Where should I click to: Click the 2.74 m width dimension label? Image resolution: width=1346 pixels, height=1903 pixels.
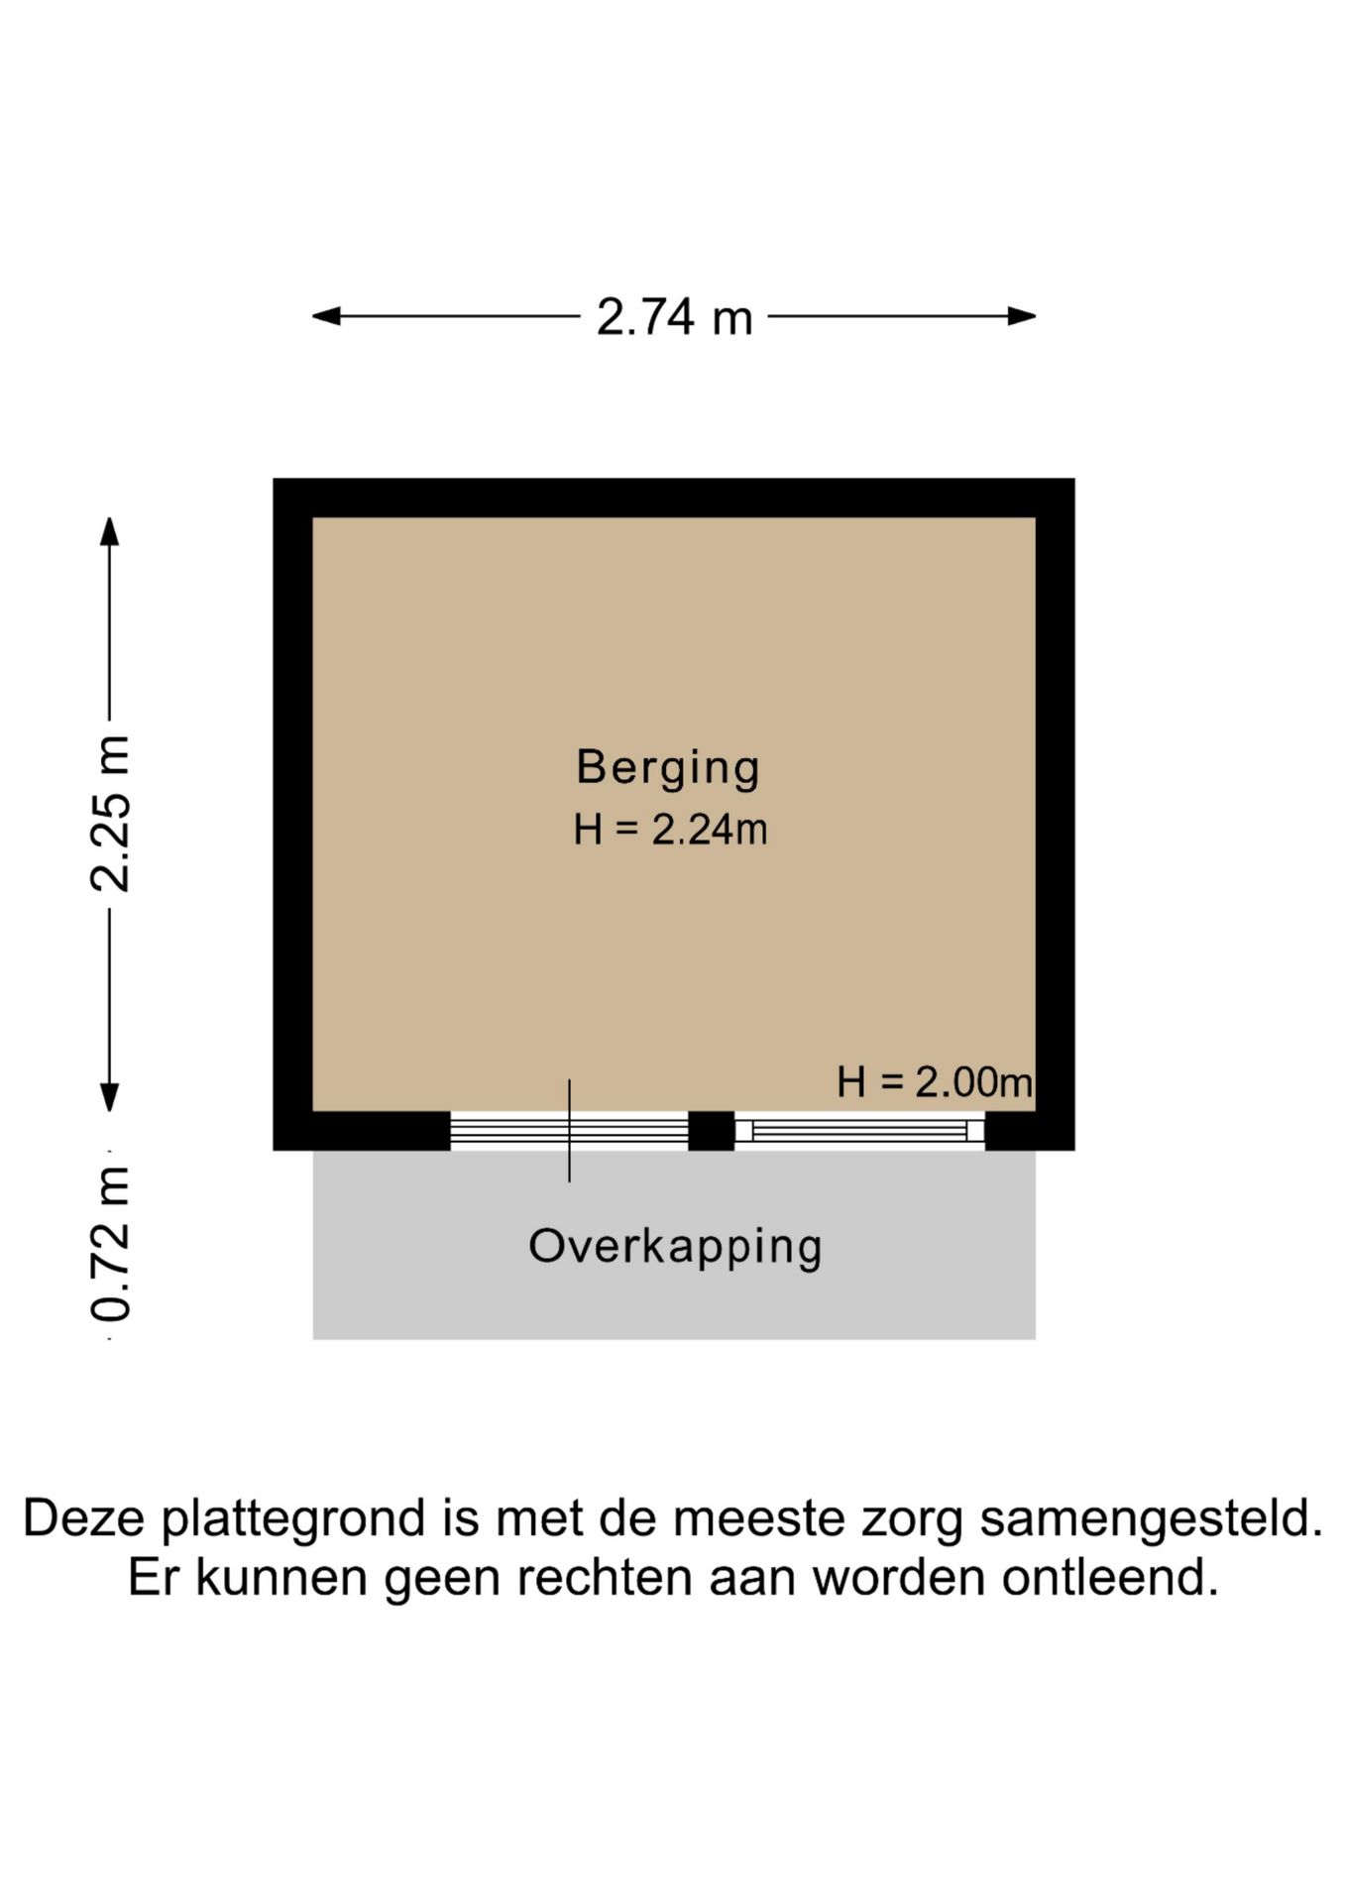(674, 318)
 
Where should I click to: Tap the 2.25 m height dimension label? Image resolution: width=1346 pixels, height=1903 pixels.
(110, 813)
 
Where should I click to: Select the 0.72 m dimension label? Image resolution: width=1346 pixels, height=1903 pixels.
(110, 1243)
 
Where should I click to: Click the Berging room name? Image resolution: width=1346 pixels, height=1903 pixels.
(668, 768)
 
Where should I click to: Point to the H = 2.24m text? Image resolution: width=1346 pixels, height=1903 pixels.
(670, 830)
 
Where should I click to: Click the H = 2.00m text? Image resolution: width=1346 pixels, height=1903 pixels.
(934, 1081)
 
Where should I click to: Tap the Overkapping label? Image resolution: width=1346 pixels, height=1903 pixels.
(675, 1247)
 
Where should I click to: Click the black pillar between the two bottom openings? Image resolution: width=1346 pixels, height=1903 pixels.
(711, 1131)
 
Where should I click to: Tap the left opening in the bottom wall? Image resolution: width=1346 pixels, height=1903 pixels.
(569, 1131)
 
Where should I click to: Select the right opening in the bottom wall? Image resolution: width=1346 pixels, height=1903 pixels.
(859, 1131)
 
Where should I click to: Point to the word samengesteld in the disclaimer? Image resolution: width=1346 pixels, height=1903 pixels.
(1151, 1520)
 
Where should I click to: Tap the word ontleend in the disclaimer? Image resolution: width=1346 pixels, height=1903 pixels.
(1109, 1577)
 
